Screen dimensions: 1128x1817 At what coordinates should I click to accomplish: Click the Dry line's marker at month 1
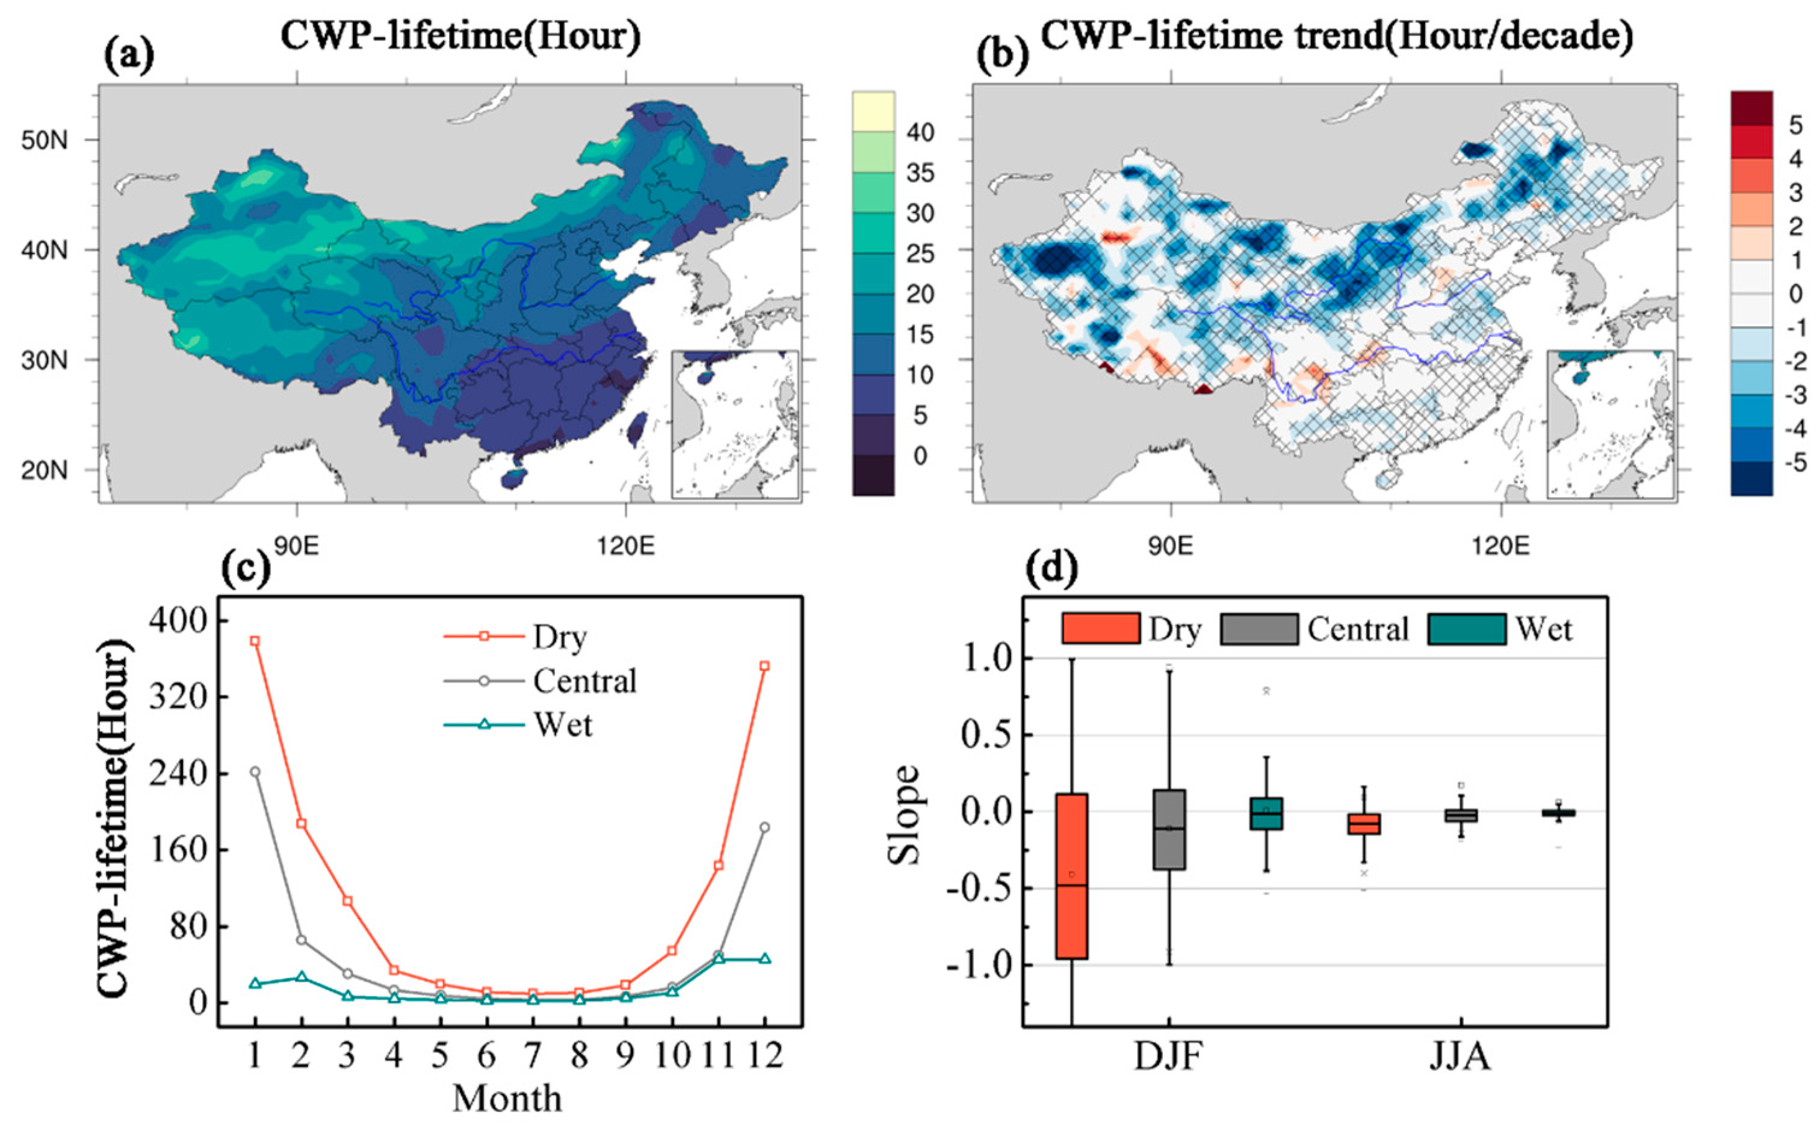point(255,641)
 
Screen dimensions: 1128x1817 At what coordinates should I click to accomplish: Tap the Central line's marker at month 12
point(764,827)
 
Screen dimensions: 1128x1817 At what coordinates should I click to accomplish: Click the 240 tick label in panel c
point(177,772)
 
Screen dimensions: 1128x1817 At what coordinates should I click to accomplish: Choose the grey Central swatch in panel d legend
point(1259,629)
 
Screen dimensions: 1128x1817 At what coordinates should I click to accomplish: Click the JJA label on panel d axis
point(1459,1058)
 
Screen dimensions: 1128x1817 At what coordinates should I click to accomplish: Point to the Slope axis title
point(905,815)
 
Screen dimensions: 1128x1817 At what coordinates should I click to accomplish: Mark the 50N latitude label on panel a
point(45,140)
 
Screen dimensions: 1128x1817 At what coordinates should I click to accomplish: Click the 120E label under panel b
point(1500,546)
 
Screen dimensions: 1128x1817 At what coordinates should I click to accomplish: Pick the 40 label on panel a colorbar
point(920,133)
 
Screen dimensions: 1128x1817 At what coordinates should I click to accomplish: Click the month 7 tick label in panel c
point(533,1056)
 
